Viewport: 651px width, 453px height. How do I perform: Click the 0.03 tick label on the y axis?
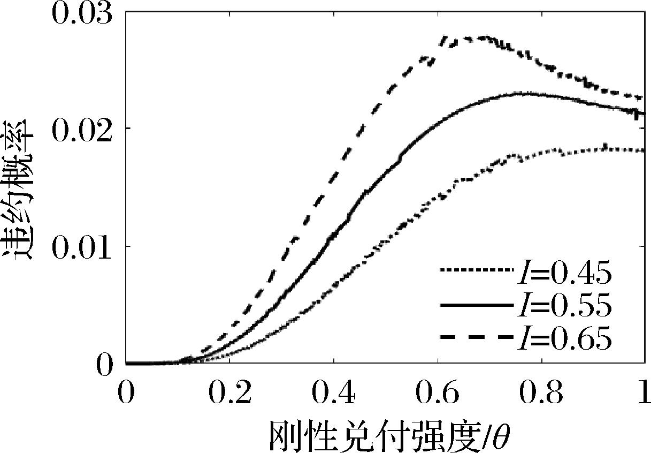[x=81, y=12]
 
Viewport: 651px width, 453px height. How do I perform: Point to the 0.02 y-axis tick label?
[x=81, y=129]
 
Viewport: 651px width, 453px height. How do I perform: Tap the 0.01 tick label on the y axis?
[x=81, y=246]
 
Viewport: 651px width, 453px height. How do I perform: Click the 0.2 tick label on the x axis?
[x=229, y=394]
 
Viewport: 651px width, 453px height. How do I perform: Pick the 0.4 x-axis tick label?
[x=333, y=394]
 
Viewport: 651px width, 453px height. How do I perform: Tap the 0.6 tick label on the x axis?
[x=437, y=394]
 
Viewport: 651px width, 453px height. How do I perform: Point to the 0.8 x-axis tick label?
[x=541, y=394]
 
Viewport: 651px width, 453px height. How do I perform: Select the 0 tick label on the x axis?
[x=126, y=394]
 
